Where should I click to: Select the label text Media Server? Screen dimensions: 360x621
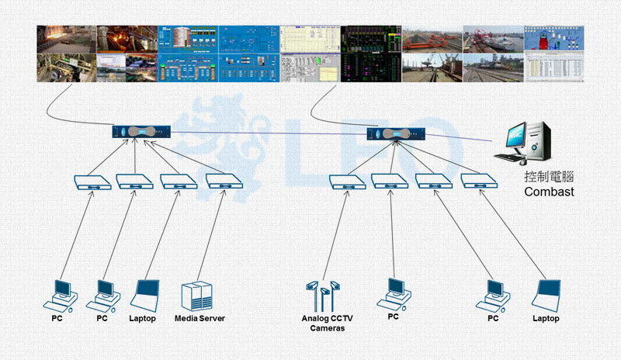click(x=199, y=319)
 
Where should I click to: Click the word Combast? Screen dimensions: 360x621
click(x=549, y=191)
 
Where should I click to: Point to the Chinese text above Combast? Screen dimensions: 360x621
click(x=549, y=176)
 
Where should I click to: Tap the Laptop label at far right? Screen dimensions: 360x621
click(x=545, y=319)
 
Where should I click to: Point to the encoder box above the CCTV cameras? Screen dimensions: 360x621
click(x=347, y=182)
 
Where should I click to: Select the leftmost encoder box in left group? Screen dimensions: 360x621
click(x=91, y=182)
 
